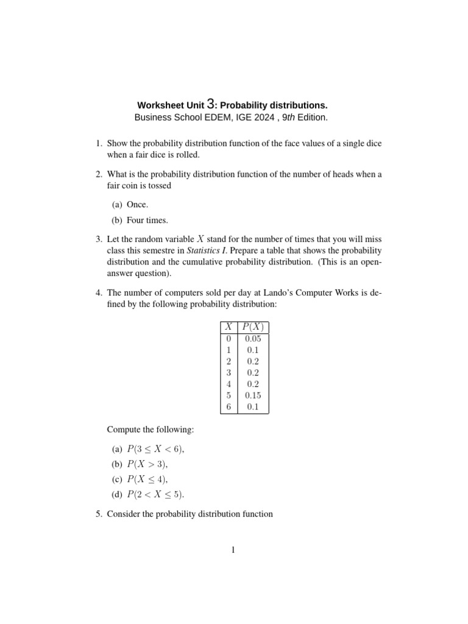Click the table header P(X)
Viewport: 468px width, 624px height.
click(x=252, y=327)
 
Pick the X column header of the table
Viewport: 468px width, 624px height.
click(x=228, y=327)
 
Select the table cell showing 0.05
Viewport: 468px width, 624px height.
click(x=252, y=338)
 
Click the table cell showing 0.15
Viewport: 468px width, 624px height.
click(x=252, y=395)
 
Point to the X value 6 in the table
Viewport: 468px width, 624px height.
click(x=228, y=407)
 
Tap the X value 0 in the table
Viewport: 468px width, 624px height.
click(x=228, y=338)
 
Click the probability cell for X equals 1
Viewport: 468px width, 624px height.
click(x=252, y=350)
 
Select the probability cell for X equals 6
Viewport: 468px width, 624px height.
click(x=252, y=407)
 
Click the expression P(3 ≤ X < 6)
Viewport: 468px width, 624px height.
click(x=155, y=449)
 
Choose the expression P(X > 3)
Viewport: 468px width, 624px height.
click(x=147, y=464)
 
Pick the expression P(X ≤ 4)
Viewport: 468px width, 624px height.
click(x=147, y=480)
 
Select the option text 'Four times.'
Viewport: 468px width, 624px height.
click(x=148, y=220)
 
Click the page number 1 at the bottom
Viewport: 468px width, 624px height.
click(x=233, y=550)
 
